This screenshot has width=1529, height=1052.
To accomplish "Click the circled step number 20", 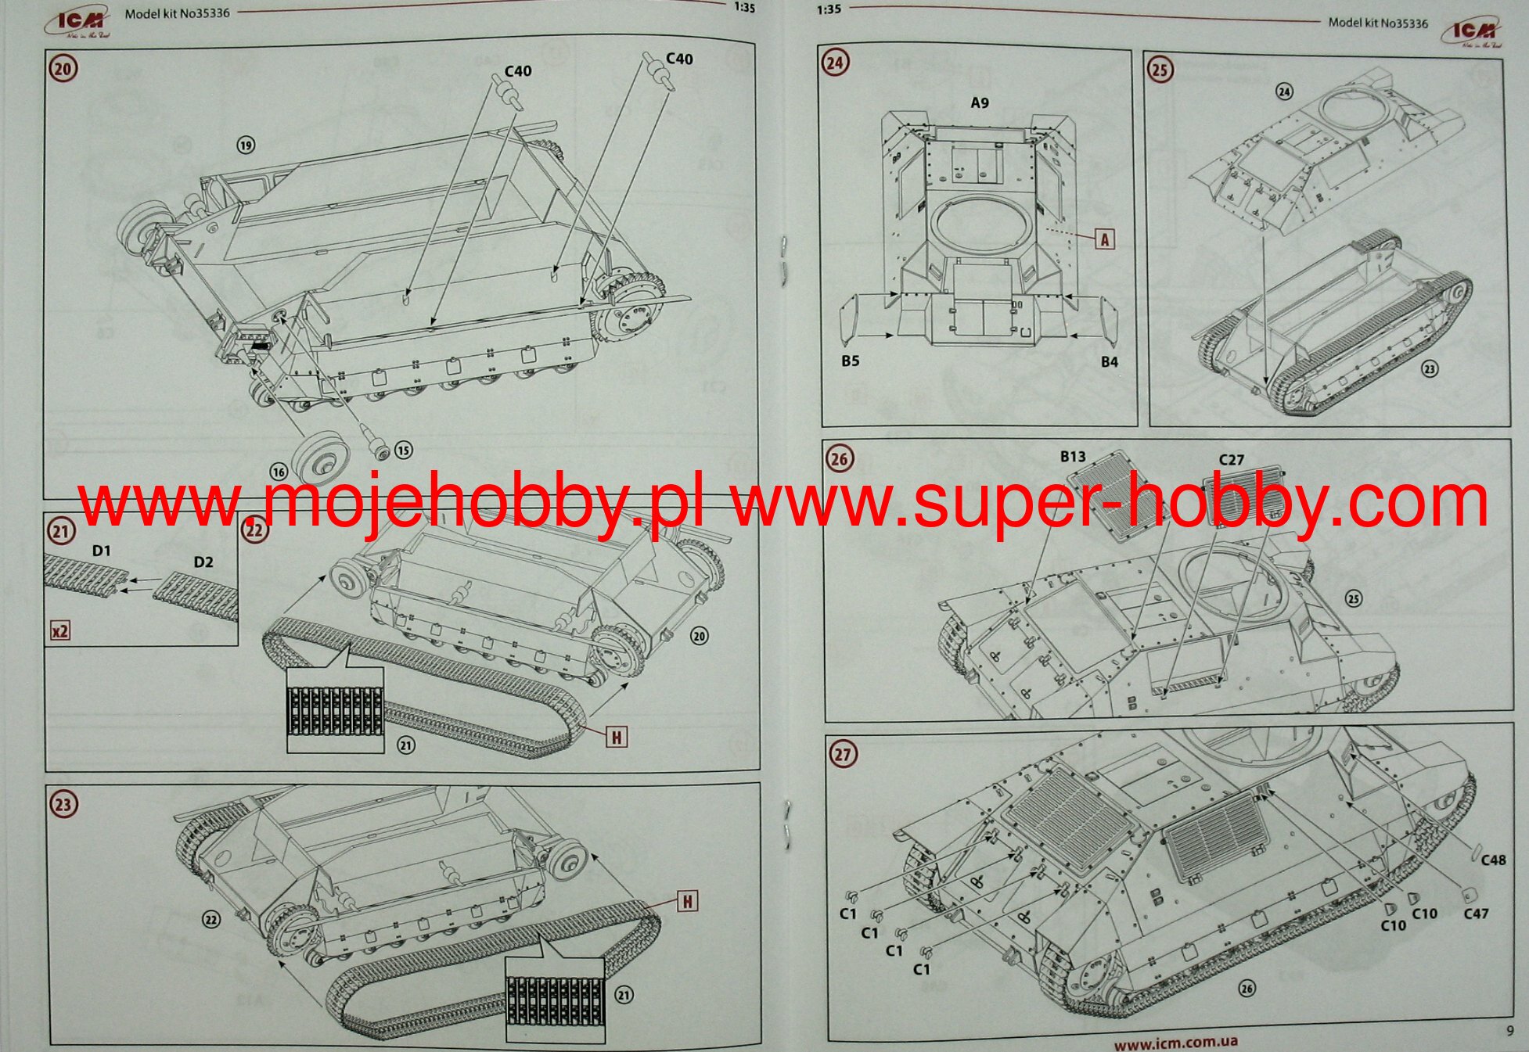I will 63,69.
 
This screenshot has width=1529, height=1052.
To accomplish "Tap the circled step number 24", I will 835,62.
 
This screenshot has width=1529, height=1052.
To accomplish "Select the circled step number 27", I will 842,754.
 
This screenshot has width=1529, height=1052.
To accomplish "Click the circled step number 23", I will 63,804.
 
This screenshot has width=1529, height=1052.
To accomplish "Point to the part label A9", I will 980,102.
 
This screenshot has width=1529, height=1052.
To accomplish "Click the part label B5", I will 851,361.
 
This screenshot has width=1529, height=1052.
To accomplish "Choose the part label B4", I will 1109,361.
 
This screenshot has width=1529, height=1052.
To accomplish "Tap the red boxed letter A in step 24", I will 1104,239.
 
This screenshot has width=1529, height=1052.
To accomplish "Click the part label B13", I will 1073,456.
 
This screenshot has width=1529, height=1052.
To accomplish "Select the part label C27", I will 1231,460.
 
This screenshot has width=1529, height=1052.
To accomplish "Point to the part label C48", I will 1493,860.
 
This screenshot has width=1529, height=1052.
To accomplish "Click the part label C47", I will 1476,913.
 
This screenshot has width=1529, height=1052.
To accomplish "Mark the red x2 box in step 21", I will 60,630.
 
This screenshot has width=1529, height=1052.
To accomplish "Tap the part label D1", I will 102,551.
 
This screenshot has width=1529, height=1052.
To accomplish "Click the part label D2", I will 203,562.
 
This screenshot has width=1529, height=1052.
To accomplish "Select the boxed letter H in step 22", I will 617,737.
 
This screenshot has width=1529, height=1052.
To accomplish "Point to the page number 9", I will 1509,1031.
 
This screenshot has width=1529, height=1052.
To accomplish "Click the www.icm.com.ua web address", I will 1175,1042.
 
